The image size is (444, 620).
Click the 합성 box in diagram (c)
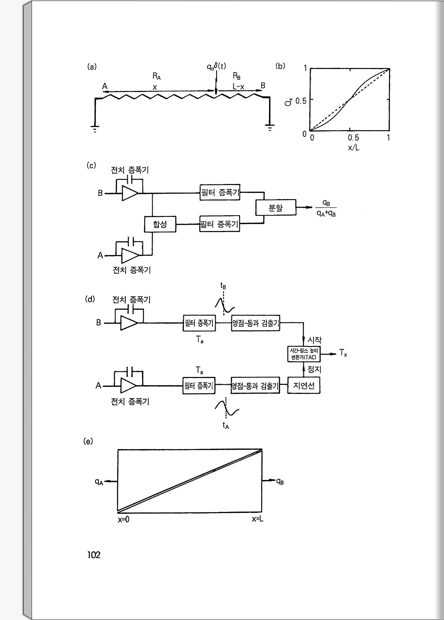click(160, 225)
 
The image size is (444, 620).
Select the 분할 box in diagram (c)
click(276, 208)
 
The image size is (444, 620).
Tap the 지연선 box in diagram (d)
click(304, 386)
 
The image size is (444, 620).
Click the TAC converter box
click(304, 354)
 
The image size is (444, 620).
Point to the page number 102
click(94, 555)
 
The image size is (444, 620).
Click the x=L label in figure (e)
click(258, 519)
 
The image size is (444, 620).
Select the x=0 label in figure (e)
click(124, 519)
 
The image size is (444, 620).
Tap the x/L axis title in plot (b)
click(353, 148)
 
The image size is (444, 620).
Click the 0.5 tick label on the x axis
click(353, 138)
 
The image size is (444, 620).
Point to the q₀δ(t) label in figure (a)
click(216, 66)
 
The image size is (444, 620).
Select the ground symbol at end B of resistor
click(270, 128)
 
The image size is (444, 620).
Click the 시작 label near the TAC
click(314, 340)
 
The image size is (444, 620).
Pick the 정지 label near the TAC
click(314, 369)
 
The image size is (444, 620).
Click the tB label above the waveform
click(223, 286)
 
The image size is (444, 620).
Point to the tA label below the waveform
click(225, 426)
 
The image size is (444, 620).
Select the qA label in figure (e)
click(99, 482)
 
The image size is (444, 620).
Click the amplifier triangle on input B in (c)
click(130, 194)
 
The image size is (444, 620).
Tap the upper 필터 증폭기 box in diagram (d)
click(199, 323)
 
